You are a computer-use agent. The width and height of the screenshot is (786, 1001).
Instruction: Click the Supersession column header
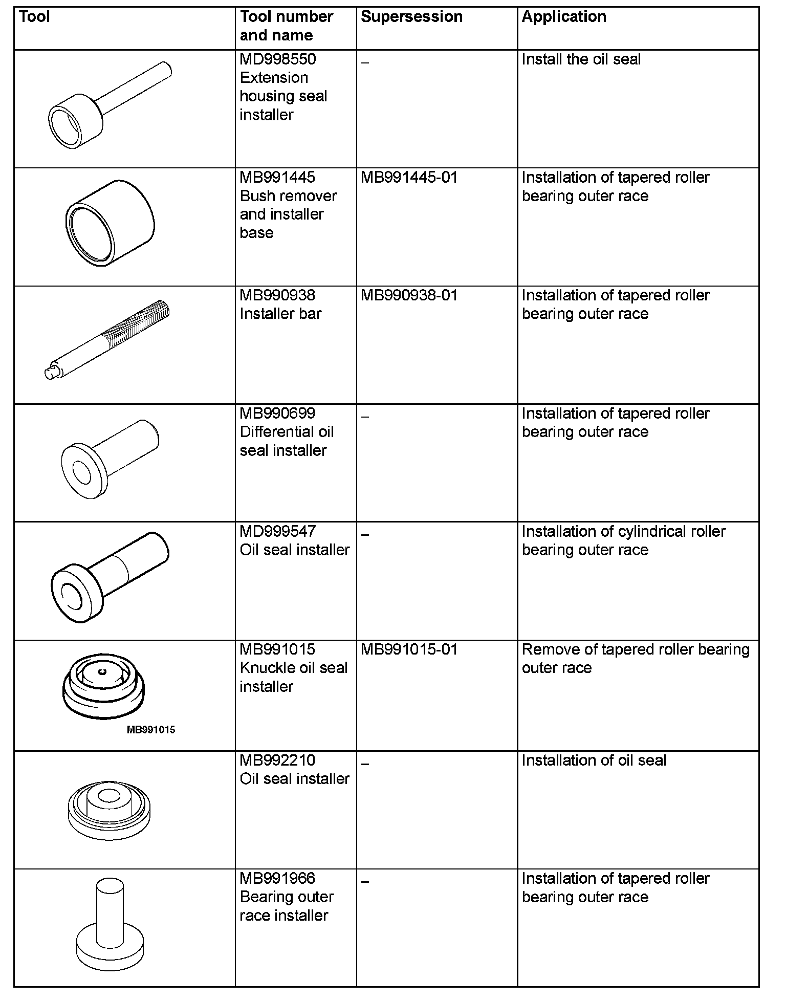tap(411, 17)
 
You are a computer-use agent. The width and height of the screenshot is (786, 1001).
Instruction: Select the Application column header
tap(564, 17)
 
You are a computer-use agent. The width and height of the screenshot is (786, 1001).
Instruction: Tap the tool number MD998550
tap(278, 59)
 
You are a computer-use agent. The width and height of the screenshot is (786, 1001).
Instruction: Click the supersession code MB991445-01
tap(409, 178)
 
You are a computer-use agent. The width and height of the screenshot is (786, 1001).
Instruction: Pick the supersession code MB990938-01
tap(409, 295)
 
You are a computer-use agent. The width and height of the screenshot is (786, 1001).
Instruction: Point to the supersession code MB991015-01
tap(409, 649)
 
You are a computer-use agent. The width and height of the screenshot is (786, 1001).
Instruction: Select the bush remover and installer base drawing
tap(110, 223)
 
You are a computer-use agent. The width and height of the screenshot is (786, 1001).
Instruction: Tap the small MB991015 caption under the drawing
tap(151, 730)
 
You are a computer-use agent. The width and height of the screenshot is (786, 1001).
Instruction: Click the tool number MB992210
tap(278, 760)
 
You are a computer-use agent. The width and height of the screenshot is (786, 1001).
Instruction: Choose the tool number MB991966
tap(278, 879)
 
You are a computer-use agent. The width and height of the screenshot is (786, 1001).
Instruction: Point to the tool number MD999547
tap(278, 532)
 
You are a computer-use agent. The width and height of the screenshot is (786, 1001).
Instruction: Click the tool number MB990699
tap(278, 414)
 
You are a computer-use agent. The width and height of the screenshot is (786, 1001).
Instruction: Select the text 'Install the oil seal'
tap(581, 59)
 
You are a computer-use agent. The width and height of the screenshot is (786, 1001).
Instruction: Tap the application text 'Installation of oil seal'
tap(594, 760)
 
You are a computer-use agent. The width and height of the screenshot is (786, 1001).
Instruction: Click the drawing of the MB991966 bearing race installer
tap(110, 926)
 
